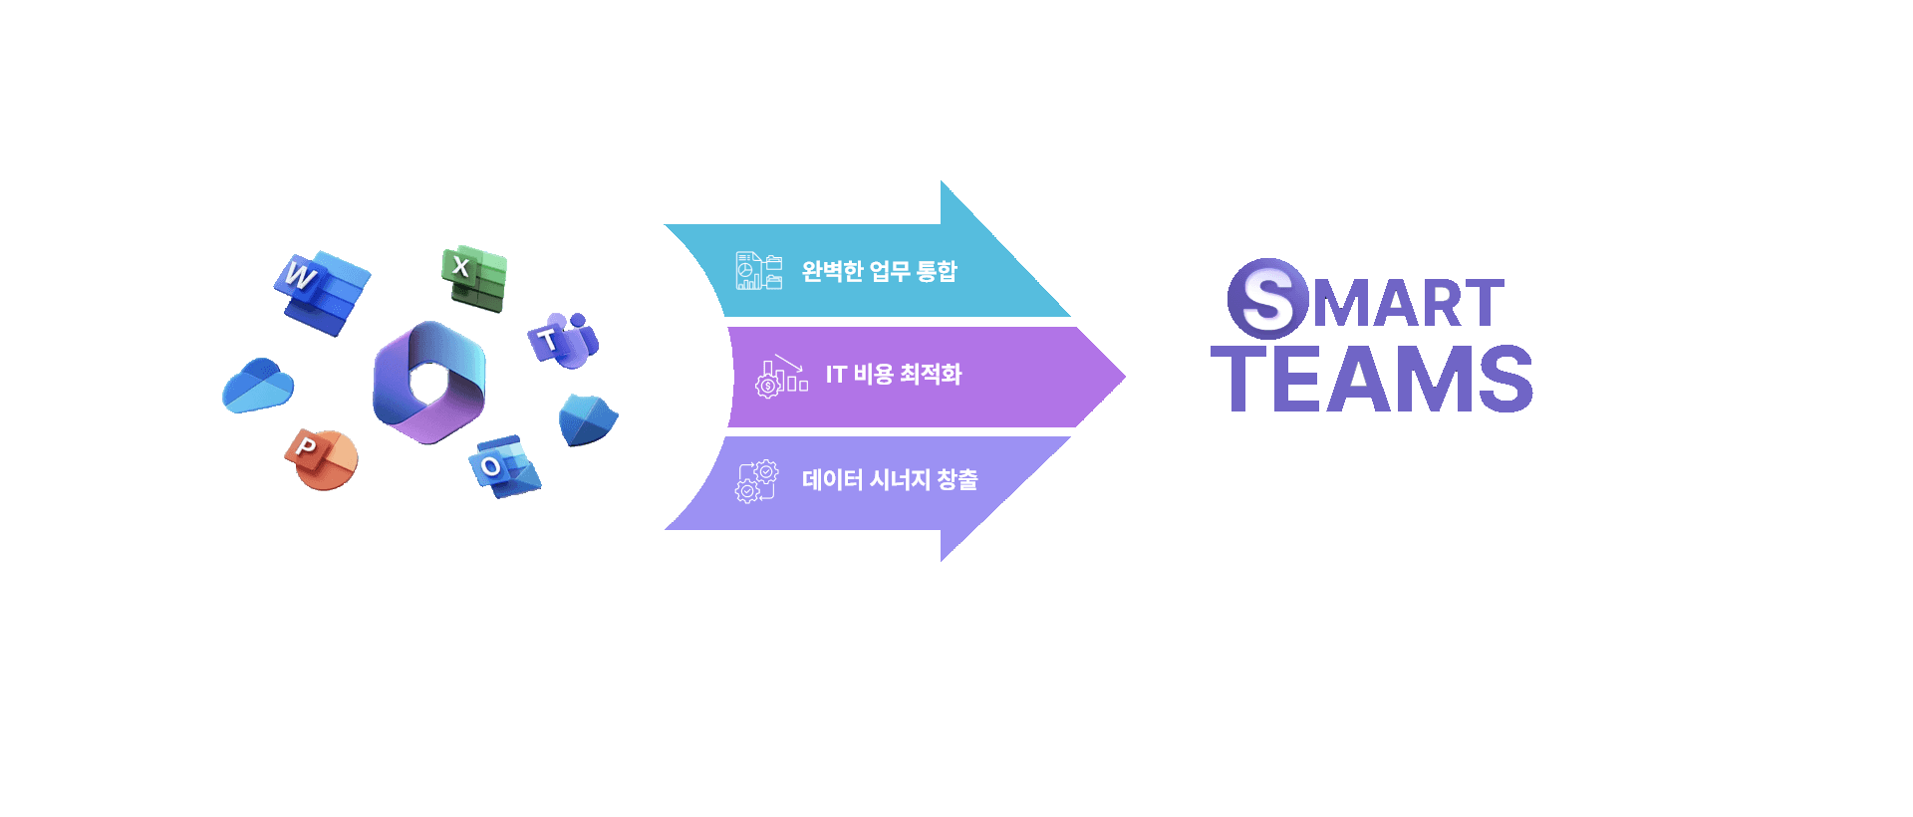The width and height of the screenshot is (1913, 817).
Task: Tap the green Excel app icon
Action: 475,278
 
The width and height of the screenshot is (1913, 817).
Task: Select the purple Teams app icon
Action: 563,340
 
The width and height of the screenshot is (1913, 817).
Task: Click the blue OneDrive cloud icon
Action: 257,386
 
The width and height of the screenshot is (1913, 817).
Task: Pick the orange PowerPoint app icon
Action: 321,459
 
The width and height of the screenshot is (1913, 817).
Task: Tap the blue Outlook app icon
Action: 504,465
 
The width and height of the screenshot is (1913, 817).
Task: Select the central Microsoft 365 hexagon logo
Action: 429,383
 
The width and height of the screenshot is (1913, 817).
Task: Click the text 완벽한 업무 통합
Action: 879,271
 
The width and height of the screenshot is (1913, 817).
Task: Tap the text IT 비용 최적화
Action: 893,375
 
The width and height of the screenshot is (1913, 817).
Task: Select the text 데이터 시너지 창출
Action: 890,480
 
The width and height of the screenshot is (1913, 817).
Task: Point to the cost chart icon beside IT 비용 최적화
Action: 781,377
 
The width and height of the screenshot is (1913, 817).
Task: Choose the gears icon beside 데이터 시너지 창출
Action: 756,481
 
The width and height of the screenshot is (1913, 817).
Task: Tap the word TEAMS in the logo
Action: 1372,379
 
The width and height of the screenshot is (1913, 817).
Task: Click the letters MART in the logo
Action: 1408,304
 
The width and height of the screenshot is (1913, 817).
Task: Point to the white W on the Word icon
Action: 299,273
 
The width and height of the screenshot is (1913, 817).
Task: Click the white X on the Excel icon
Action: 460,266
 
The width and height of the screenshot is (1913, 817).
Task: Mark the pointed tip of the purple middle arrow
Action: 1123,377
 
